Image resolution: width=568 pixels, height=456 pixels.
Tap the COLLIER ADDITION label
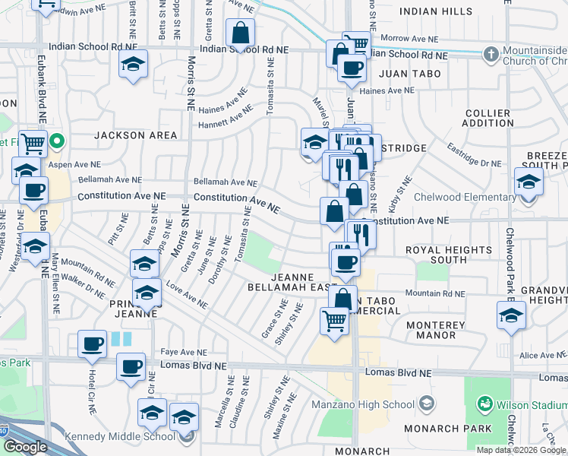point(488,118)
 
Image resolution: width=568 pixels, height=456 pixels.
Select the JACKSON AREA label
point(136,135)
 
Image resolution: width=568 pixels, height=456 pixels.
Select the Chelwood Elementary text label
point(465,198)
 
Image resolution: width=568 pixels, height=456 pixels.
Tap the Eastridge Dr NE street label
point(475,154)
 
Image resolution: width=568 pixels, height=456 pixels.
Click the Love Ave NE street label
point(187,297)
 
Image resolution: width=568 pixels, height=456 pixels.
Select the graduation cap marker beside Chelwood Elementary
point(529,184)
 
